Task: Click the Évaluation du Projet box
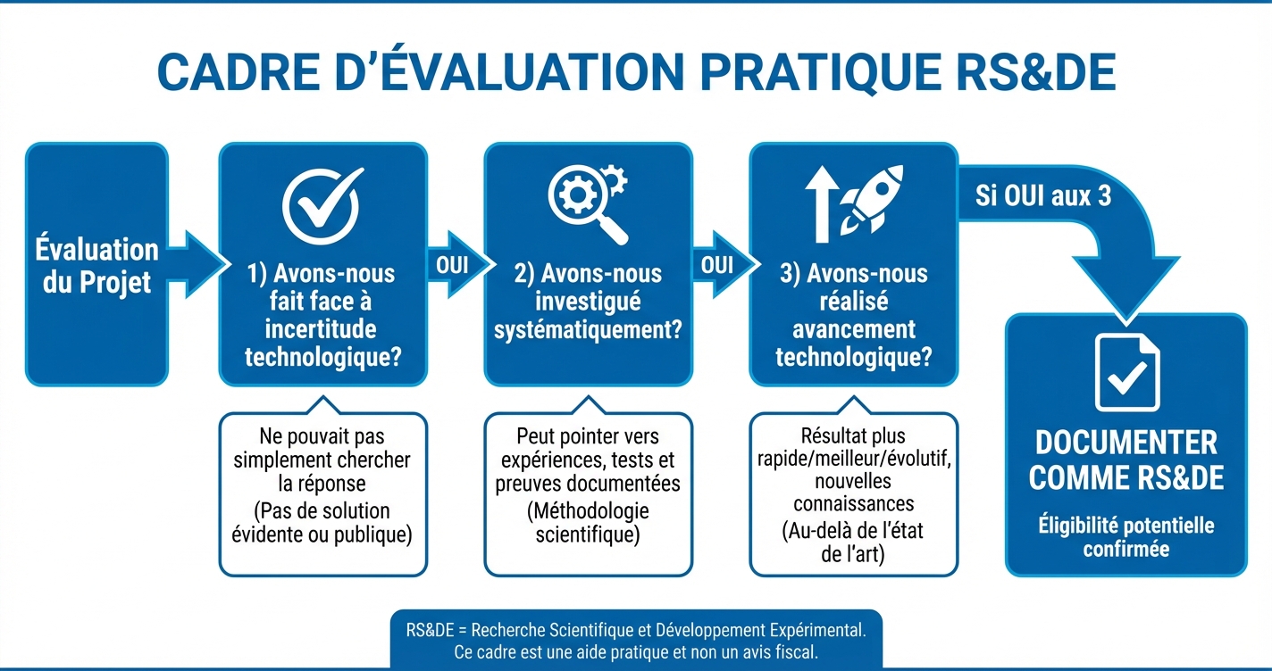click(96, 265)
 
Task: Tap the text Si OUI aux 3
click(1042, 195)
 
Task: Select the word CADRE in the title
click(233, 74)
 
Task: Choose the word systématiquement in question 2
click(587, 330)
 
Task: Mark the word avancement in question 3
click(854, 329)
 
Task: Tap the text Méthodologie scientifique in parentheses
click(587, 523)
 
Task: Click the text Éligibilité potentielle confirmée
click(1126, 536)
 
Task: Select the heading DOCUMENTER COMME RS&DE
click(1126, 460)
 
